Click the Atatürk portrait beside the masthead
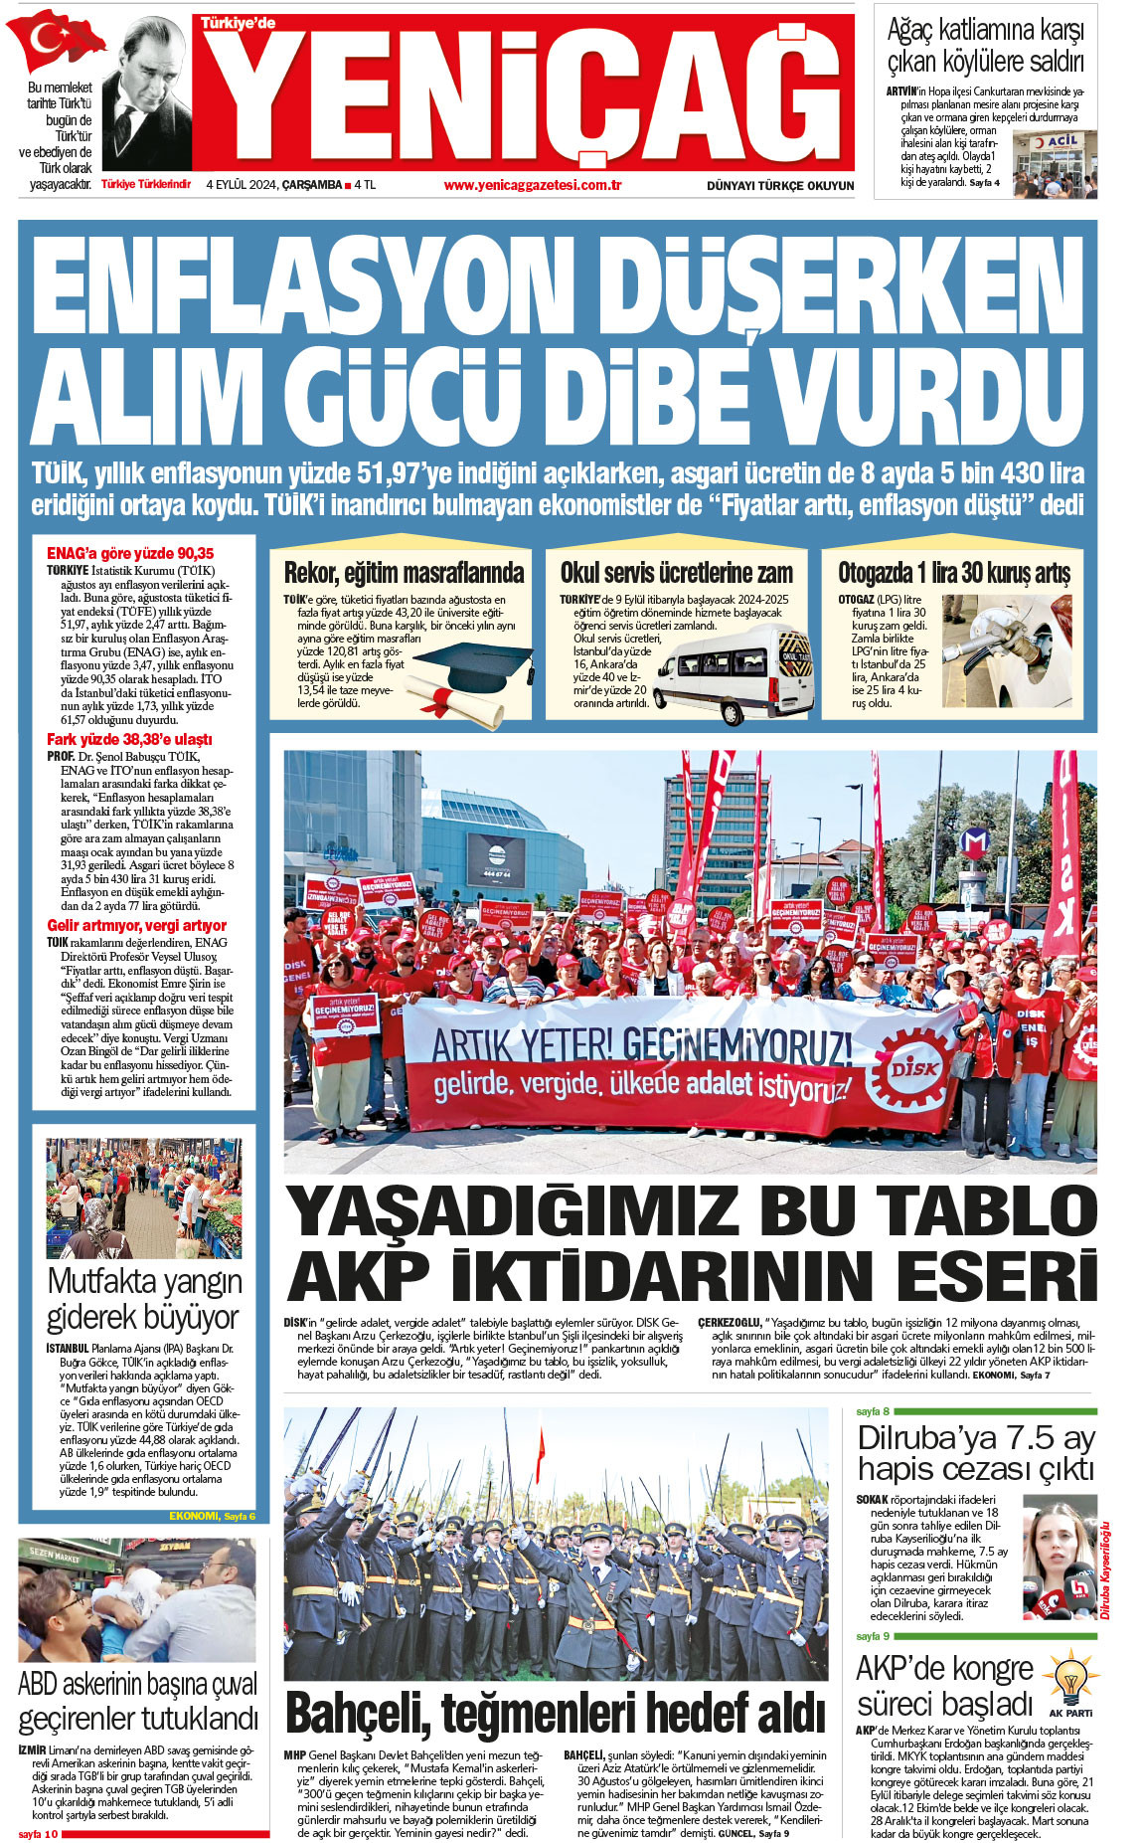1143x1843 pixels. [x=146, y=94]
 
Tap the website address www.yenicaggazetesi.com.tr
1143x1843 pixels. [x=533, y=185]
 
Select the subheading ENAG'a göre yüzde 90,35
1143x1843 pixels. [x=130, y=553]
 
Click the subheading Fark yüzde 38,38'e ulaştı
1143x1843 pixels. [x=129, y=739]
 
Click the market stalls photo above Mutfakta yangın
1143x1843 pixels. [x=143, y=1198]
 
